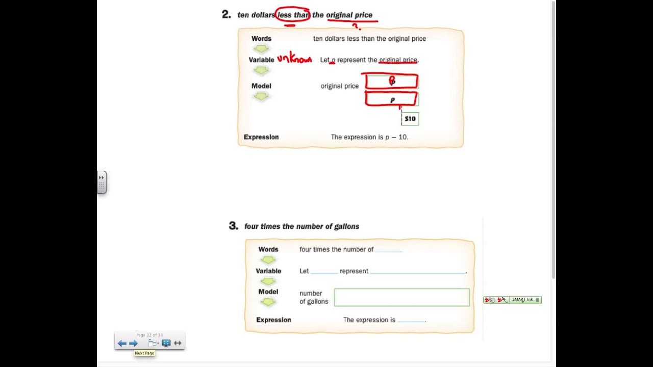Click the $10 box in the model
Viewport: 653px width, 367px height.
point(410,119)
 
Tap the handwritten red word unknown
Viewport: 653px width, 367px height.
point(294,59)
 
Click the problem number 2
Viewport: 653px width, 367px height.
point(227,15)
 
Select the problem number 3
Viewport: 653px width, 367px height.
point(233,226)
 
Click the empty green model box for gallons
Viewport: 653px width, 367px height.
point(401,298)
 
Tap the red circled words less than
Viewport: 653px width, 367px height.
point(293,15)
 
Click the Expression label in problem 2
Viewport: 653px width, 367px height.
point(261,137)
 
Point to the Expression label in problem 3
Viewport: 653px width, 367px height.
point(273,320)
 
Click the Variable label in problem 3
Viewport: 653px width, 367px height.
point(268,271)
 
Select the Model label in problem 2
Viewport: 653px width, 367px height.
point(261,86)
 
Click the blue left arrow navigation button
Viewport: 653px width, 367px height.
point(122,344)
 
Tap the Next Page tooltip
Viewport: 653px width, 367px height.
point(144,353)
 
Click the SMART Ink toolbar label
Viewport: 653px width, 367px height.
point(522,300)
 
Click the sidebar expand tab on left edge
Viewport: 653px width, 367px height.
point(102,182)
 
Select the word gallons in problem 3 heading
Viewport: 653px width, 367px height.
point(346,226)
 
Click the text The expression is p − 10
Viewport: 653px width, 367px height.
point(369,137)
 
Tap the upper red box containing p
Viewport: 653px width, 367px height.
point(391,82)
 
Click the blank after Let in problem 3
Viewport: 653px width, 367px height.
point(324,272)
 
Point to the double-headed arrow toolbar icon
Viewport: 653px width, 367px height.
point(178,344)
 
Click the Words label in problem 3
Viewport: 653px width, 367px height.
point(268,250)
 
